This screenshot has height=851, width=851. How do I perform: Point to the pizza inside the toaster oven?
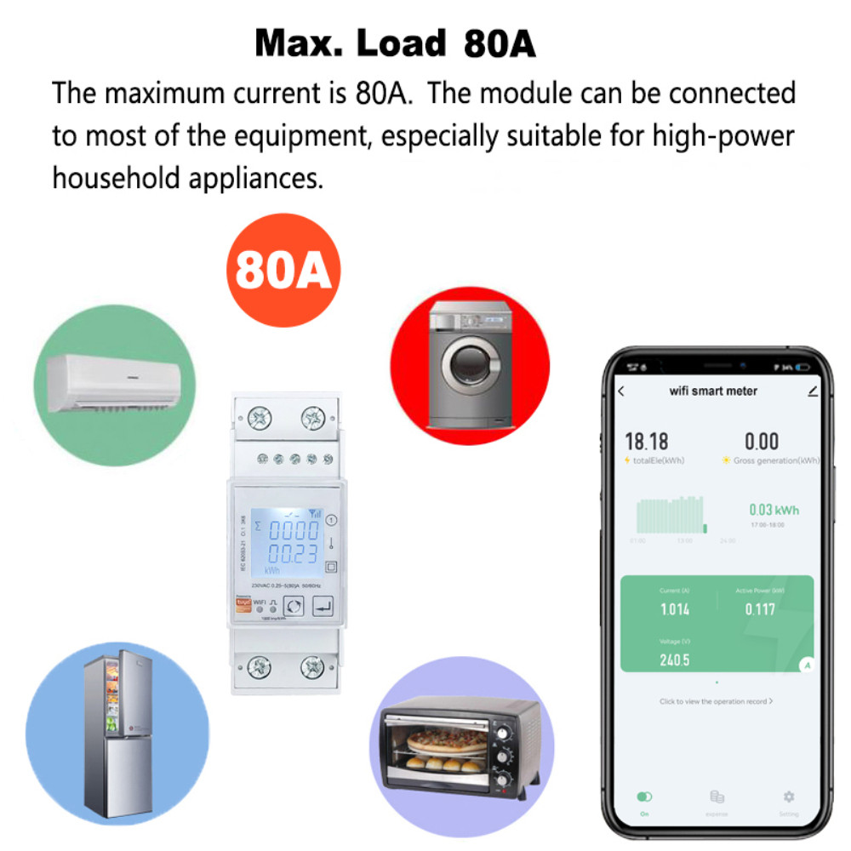[x=447, y=739]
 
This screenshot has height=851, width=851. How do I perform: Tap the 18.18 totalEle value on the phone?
[x=647, y=441]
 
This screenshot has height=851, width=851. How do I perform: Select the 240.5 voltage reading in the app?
[x=674, y=660]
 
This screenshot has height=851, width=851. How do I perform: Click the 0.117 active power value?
[x=760, y=609]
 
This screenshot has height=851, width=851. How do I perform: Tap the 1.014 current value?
[x=675, y=609]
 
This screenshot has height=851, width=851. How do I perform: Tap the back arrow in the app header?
[x=621, y=391]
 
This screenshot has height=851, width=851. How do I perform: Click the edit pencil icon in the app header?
[x=813, y=391]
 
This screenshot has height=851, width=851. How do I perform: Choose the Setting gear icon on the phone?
[x=789, y=797]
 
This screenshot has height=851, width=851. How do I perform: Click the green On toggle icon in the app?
[x=644, y=797]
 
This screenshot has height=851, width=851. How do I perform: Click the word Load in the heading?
[x=402, y=43]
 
